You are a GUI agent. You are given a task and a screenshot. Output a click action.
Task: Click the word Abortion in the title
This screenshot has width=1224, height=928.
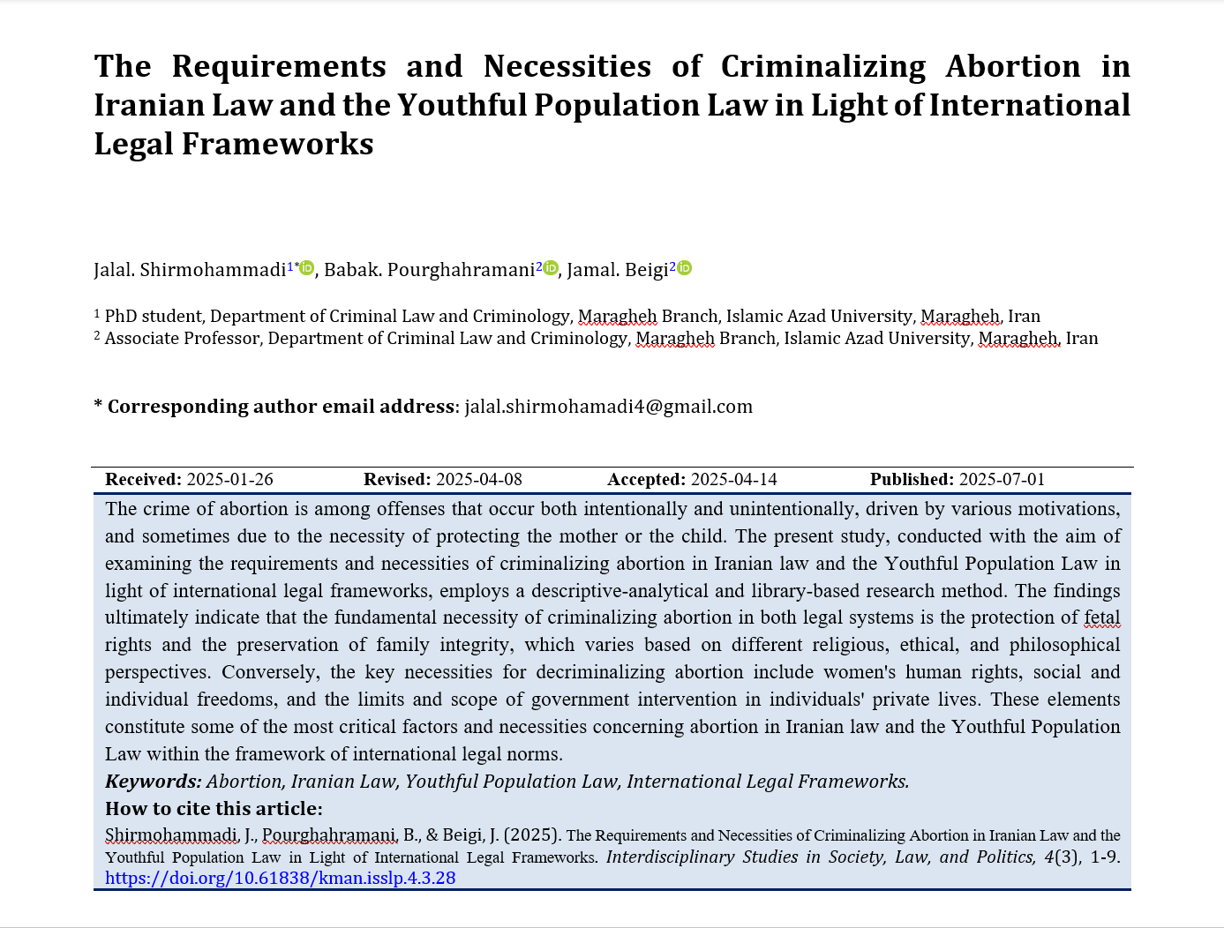pos(1013,67)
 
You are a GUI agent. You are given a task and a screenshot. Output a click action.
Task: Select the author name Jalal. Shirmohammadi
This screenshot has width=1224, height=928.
pos(190,270)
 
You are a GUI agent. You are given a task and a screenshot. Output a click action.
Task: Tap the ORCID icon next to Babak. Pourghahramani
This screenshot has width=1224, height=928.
pos(551,268)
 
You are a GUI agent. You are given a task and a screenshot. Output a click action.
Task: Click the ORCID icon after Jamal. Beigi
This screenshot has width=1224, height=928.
pos(684,268)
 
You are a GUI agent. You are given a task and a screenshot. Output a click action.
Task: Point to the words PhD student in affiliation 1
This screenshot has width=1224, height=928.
pos(154,317)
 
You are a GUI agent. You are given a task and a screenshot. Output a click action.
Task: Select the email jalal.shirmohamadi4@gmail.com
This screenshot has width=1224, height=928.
pos(608,407)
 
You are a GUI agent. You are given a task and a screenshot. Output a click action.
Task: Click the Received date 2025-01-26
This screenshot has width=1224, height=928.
pos(229,480)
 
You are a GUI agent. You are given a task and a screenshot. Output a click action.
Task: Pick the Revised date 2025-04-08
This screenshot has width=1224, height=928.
pos(478,480)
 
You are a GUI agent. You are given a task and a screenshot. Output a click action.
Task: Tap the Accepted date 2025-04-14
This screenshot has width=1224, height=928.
pos(733,480)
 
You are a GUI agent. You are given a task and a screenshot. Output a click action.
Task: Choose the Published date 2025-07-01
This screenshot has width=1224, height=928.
pos(1002,480)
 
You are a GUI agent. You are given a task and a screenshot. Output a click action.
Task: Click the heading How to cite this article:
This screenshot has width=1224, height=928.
pos(214,809)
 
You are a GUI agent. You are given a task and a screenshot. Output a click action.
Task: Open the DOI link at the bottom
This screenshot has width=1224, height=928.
pos(280,878)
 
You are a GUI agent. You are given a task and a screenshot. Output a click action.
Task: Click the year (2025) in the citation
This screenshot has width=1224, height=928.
pos(531,835)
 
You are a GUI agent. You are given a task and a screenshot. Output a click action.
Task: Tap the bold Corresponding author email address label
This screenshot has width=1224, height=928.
pos(281,407)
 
